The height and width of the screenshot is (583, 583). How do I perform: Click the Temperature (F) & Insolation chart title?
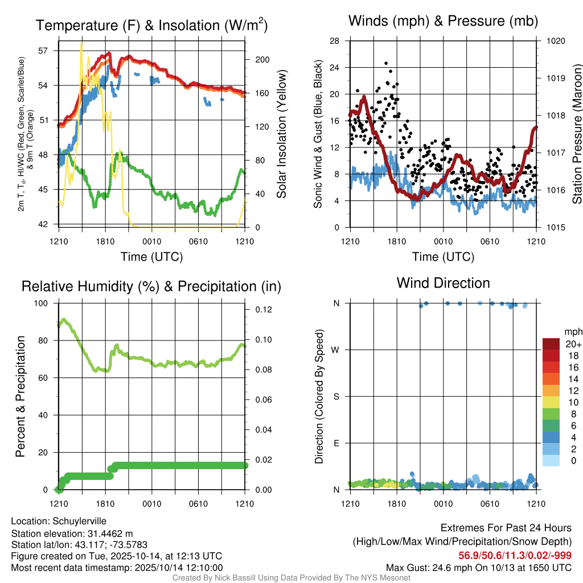coord(151,25)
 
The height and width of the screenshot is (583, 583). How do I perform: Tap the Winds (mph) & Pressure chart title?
coord(443,21)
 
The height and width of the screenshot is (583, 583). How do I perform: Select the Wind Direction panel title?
coord(443,283)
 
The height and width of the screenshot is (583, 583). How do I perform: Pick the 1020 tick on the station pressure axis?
coord(555,41)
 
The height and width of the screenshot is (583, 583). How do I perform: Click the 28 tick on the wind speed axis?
coord(334,41)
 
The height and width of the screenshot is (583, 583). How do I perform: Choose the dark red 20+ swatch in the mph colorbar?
coord(552,344)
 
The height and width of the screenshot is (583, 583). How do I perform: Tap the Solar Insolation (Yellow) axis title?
coord(282,134)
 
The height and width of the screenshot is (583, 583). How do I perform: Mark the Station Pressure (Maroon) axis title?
coord(577,134)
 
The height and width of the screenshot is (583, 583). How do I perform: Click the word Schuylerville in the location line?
coord(79,521)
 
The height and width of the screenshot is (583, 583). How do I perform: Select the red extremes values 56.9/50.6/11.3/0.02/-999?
coord(515,555)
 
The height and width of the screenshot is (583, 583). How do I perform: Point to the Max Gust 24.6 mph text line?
coord(478,567)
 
